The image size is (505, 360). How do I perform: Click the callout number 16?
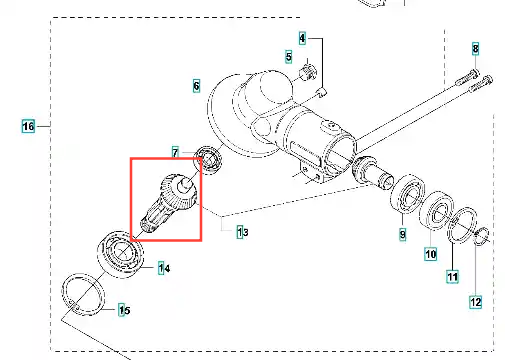(28, 126)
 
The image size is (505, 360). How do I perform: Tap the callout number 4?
(302, 38)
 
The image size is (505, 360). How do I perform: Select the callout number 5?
(289, 57)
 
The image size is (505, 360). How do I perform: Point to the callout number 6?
(196, 86)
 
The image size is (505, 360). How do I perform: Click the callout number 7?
(175, 153)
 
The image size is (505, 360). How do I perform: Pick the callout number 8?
(475, 49)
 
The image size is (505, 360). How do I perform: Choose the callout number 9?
(403, 234)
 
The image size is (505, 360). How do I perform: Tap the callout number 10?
(431, 254)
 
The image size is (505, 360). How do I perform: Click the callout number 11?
(452, 277)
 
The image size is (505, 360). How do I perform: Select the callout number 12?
(475, 302)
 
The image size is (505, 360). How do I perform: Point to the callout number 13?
(243, 232)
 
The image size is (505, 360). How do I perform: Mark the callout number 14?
(164, 268)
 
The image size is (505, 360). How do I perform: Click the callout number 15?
(125, 310)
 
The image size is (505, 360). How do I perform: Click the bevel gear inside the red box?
(169, 203)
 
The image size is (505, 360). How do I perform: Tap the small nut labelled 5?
(309, 72)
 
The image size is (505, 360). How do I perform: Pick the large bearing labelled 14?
(121, 252)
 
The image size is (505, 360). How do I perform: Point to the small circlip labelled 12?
(481, 237)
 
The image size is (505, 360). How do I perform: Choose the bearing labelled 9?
(407, 193)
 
